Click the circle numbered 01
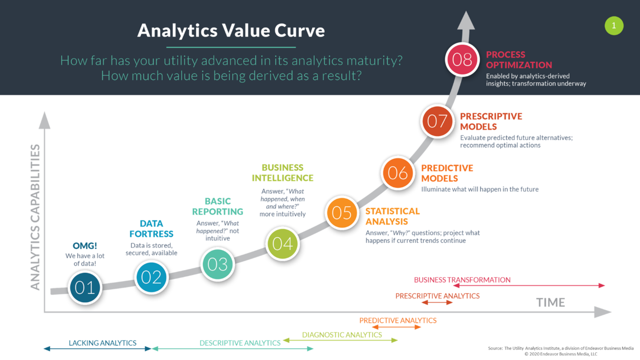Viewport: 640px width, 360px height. [85, 287]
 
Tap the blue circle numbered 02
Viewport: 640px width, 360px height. [151, 277]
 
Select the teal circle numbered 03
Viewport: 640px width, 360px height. [218, 264]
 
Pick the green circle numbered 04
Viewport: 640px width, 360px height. [282, 244]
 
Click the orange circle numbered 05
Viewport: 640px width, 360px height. [342, 213]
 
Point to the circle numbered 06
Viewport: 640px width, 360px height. [397, 173]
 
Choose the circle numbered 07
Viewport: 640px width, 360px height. [437, 121]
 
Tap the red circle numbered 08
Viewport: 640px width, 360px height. [462, 60]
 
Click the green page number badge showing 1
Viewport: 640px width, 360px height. [614, 26]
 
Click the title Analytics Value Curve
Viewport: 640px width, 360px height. [231, 30]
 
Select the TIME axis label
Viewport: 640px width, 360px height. [550, 303]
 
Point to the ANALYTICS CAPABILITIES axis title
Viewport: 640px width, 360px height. [35, 217]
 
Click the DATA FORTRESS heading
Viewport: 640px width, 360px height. [151, 228]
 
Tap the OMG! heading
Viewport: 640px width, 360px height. [85, 246]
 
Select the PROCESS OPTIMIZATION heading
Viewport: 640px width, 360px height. [519, 60]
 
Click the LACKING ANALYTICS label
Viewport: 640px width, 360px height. [102, 343]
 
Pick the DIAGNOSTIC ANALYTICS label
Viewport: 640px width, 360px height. [342, 334]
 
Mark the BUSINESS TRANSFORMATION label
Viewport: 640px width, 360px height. [462, 280]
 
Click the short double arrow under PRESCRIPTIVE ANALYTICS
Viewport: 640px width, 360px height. [437, 303]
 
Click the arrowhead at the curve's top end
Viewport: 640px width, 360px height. [466, 20]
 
